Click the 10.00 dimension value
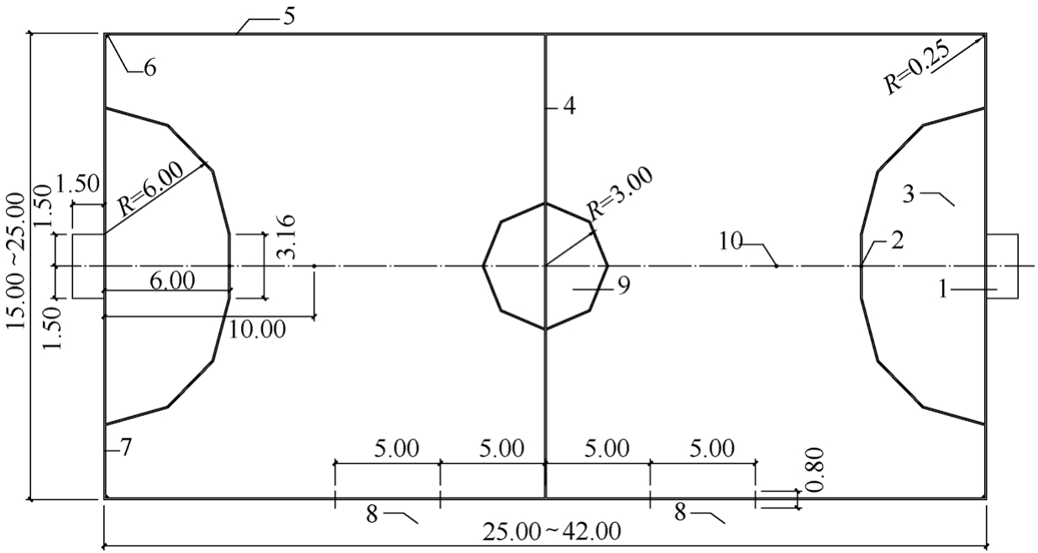coord(257,329)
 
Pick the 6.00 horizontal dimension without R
coord(172,281)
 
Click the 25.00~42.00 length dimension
coord(552,531)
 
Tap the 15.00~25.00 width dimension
coord(15,261)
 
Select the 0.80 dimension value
coord(815,470)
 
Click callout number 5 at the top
coord(289,17)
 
